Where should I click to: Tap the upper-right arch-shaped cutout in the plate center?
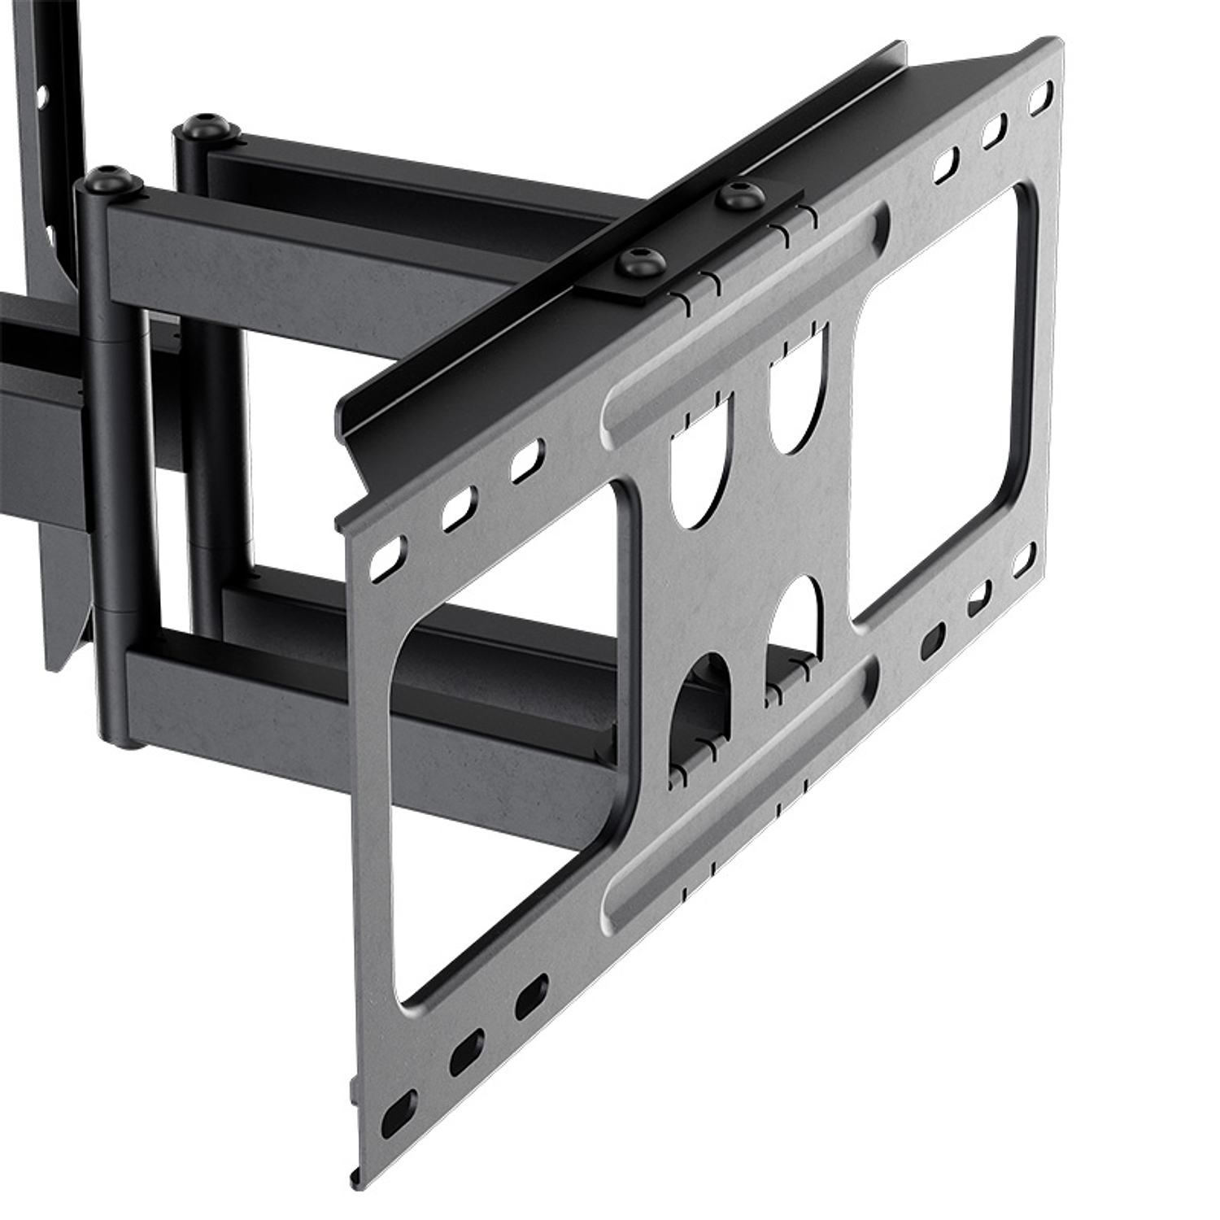click(x=797, y=399)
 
